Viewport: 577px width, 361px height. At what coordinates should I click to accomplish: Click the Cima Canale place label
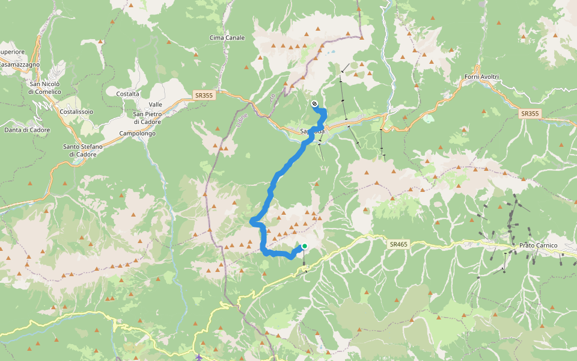point(227,38)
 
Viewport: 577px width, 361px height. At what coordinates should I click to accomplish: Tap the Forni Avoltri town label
point(482,76)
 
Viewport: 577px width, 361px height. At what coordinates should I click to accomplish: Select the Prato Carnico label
point(538,245)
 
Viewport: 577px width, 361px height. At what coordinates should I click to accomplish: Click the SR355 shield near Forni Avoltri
point(529,113)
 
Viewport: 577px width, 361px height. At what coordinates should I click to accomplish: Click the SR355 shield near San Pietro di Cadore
point(204,95)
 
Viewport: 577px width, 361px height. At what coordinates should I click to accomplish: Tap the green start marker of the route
point(305,246)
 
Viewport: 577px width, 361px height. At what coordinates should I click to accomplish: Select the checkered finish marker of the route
point(314,104)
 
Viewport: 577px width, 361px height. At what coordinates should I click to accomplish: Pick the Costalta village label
point(128,94)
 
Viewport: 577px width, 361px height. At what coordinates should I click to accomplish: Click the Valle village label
point(156,104)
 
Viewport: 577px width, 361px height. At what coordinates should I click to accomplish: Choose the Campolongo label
point(138,133)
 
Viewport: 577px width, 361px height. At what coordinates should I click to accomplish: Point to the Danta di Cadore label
point(27,129)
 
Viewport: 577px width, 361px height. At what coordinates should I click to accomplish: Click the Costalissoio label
point(76,112)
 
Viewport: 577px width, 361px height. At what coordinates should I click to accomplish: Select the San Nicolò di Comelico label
point(45,88)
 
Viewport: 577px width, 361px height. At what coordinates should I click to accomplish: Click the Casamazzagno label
point(20,64)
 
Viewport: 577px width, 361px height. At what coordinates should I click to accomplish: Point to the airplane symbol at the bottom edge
point(199,357)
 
